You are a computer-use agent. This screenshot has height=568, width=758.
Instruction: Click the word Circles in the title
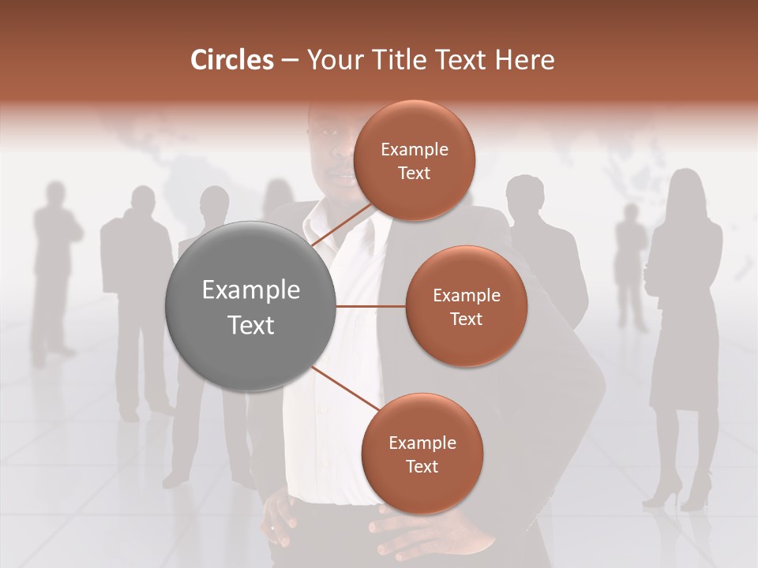point(231,59)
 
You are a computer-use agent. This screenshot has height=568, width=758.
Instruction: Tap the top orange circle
point(414,160)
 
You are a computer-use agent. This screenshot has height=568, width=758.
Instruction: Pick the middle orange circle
point(466,306)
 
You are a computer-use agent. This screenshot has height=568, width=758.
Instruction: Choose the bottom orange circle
point(422,454)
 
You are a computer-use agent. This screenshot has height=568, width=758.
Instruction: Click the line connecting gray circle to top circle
point(341,226)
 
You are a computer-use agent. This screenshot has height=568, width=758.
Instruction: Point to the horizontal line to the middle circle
point(371,306)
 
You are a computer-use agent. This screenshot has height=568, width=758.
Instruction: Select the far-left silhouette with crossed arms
point(54,268)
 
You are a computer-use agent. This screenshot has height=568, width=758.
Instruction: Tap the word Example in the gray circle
point(251,290)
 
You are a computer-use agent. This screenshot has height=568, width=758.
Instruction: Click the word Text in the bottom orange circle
point(422,466)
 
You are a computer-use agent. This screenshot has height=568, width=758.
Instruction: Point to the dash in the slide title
point(290,61)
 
